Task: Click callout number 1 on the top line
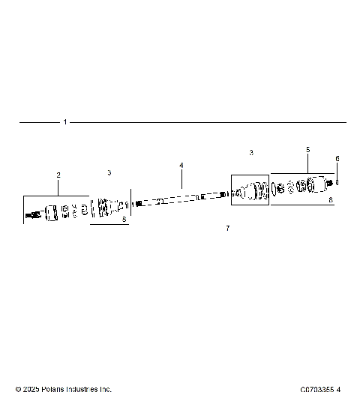coord(65,121)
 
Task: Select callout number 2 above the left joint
coord(58,175)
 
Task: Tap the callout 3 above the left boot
coord(109,172)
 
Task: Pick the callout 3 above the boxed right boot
coord(251,152)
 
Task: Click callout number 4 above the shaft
coord(181,165)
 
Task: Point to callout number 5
coord(307,150)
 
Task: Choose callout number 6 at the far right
coord(337,158)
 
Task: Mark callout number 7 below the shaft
coord(228,227)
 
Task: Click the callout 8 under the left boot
coord(124,220)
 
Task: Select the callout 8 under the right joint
coord(331,200)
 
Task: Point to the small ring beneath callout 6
coord(339,182)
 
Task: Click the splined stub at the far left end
coord(31,216)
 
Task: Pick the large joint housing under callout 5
coord(310,185)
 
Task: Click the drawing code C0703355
coord(316,390)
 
